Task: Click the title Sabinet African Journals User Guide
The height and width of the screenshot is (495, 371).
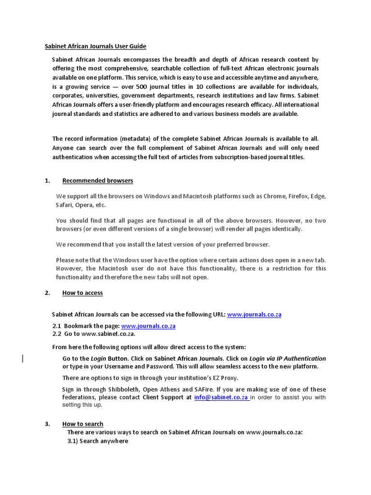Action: pyautogui.click(x=95, y=46)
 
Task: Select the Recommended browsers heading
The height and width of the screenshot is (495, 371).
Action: pyautogui.click(x=98, y=181)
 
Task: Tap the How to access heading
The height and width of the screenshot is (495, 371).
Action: pyautogui.click(x=82, y=293)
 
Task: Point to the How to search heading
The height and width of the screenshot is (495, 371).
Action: pyautogui.click(x=83, y=424)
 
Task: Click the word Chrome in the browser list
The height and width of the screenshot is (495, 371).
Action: pyautogui.click(x=274, y=196)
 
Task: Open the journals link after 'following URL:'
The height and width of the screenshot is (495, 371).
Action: pyautogui.click(x=254, y=315)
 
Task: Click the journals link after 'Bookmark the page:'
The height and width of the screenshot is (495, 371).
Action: pyautogui.click(x=148, y=326)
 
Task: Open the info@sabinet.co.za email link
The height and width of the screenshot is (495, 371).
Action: pyautogui.click(x=221, y=398)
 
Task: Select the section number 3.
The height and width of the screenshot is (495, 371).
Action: pyautogui.click(x=47, y=424)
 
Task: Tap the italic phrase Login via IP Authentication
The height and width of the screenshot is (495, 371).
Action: pyautogui.click(x=287, y=359)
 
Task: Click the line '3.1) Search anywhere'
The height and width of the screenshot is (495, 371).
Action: pyautogui.click(x=98, y=441)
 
